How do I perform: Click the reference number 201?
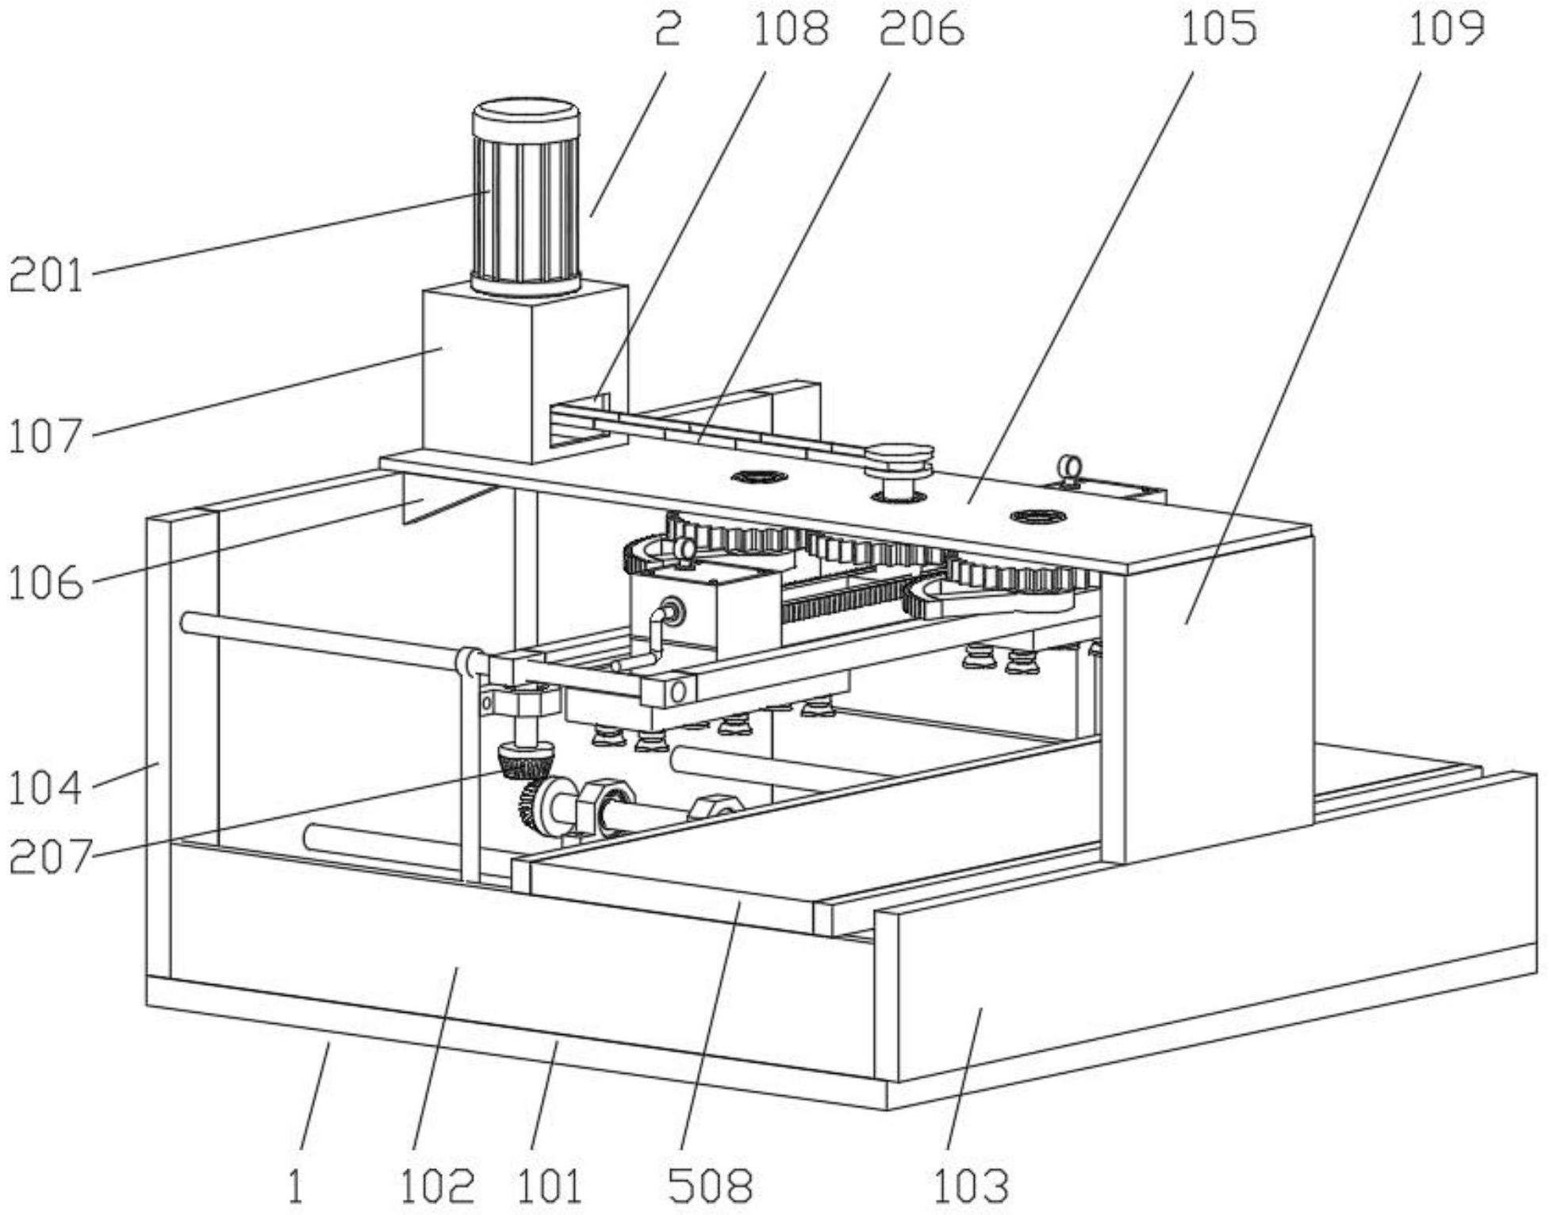pos(46,277)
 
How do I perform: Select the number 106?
pos(46,584)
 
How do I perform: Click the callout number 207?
pos(49,857)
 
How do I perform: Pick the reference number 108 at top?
pos(790,29)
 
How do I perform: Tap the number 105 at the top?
pos(1218,29)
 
